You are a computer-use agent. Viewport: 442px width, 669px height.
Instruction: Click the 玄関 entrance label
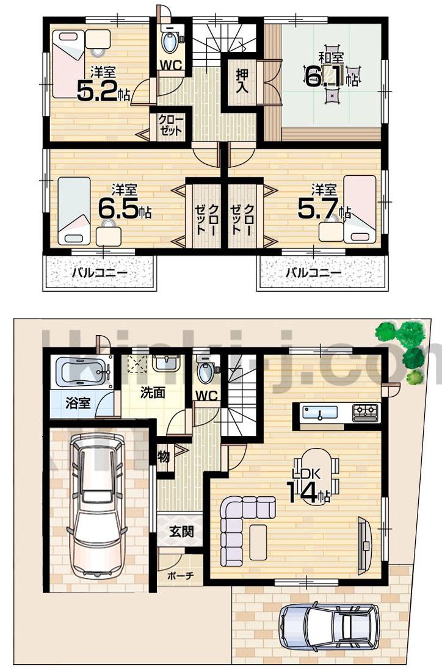tap(181, 531)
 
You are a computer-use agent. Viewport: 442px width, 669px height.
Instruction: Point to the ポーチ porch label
tap(180, 576)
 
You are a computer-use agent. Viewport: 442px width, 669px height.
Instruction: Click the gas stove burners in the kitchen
tap(365, 412)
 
